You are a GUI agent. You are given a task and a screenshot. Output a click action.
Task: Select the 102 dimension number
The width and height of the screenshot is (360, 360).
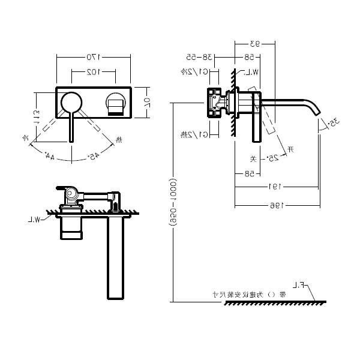coord(92,71)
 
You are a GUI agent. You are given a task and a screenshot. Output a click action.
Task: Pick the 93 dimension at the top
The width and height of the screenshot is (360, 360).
coord(254,43)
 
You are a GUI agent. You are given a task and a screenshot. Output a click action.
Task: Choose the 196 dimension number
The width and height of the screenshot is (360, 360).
coord(276,205)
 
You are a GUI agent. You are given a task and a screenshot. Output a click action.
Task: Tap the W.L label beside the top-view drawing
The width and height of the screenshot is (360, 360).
coord(40,220)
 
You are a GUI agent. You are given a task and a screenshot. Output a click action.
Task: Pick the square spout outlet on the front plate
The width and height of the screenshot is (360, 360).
coord(115,104)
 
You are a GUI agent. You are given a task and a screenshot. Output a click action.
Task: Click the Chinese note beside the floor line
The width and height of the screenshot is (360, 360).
coord(253,295)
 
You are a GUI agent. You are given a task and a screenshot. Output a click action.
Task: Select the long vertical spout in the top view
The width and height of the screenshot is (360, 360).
coord(116,258)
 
